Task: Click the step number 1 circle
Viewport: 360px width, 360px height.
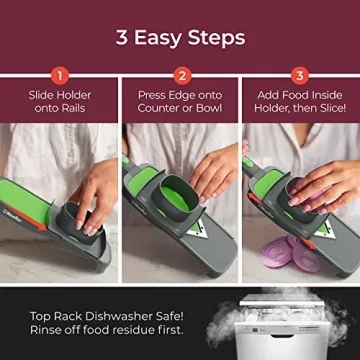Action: pos(59,74)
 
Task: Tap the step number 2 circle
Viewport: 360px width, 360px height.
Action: pos(181,74)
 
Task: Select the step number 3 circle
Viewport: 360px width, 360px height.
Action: pos(300,74)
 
